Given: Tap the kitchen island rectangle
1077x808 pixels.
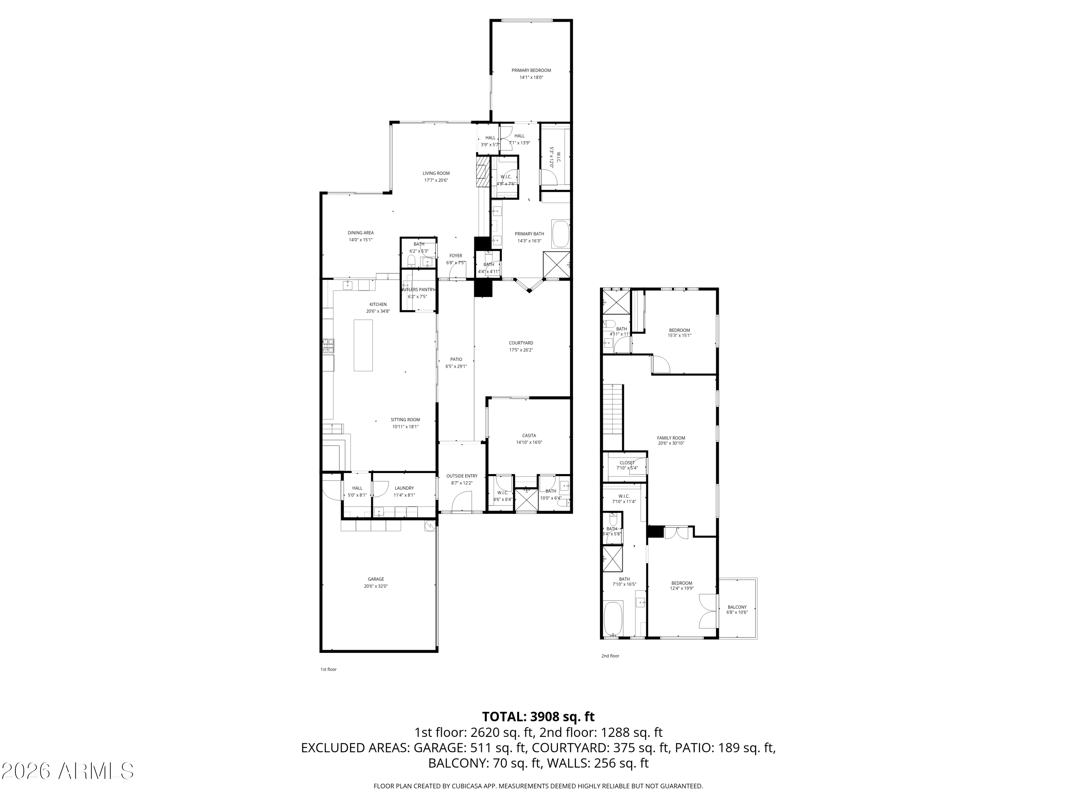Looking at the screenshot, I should [363, 345].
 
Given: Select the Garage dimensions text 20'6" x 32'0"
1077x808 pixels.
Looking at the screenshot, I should [376, 586].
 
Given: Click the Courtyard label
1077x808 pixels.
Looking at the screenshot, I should [521, 343].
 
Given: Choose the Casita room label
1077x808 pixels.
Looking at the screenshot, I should [529, 435].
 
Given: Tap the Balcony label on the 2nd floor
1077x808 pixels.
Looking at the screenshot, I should [737, 607].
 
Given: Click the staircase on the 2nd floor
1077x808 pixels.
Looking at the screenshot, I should [613, 409].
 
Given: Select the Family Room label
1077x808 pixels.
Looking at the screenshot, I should [671, 438].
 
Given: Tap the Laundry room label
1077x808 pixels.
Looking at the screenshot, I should [404, 488].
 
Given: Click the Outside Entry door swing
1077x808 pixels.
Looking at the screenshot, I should [462, 502].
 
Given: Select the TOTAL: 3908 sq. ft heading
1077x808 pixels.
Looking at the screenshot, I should [538, 717].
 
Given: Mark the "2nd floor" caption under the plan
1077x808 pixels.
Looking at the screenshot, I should [610, 656].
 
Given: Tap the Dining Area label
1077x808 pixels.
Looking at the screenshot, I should [360, 233].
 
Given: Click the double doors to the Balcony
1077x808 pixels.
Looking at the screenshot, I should [708, 611].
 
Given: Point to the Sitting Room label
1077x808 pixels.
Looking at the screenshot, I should [405, 420].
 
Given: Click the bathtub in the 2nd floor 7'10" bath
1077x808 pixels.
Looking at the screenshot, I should [613, 618].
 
